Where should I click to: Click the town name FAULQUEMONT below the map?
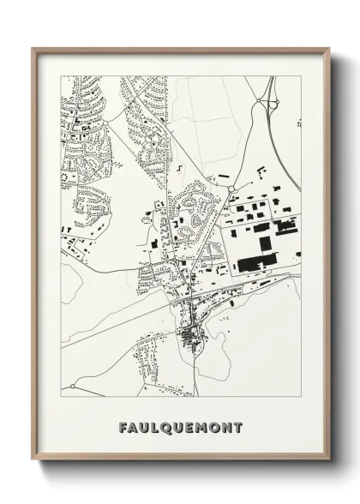pyautogui.click(x=181, y=427)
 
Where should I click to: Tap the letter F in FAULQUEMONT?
pyautogui.click(x=124, y=427)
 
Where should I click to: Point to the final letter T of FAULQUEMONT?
pyautogui.click(x=237, y=427)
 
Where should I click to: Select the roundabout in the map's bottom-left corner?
pyautogui.click(x=72, y=387)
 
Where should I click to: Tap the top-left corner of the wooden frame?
pyautogui.click(x=33, y=49)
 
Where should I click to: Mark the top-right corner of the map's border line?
pyautogui.click(x=300, y=76)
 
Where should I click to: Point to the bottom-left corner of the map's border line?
pyautogui.click(x=61, y=399)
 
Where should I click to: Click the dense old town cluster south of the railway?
pyautogui.click(x=189, y=335)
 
